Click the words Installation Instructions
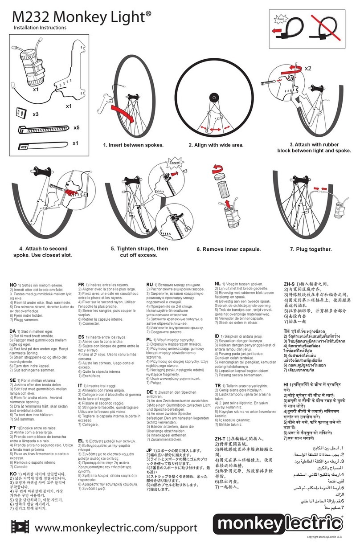(x=39, y=28)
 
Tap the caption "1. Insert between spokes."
(x=133, y=145)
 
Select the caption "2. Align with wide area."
(x=216, y=145)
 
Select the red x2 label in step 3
(x=308, y=68)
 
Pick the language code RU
(x=150, y=284)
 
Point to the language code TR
(x=218, y=385)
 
